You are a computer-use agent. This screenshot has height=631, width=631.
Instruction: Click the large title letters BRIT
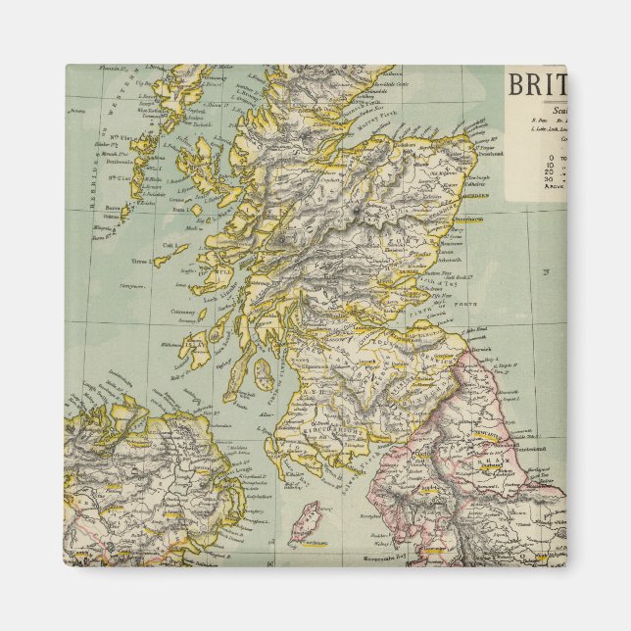point(536,85)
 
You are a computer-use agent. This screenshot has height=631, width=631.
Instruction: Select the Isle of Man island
point(308,525)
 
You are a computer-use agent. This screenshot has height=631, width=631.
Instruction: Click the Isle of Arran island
point(262,372)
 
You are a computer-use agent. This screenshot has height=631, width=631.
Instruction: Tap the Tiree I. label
point(140,264)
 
